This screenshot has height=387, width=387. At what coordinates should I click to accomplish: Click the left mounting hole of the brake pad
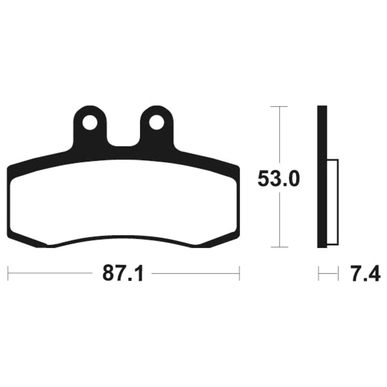point(89,122)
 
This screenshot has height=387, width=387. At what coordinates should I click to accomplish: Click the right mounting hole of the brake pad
point(156,122)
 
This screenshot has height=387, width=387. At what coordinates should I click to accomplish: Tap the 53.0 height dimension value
point(279,179)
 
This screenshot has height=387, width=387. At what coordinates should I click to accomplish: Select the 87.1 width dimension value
point(123,273)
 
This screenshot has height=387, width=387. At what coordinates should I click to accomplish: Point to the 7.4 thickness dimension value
point(366,273)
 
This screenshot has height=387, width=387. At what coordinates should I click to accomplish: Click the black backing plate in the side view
point(322,177)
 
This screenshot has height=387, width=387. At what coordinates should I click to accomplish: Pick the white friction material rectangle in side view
point(333,202)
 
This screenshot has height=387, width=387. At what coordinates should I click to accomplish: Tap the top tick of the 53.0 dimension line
point(280,106)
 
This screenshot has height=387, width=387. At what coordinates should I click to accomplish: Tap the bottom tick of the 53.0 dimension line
point(280,247)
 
